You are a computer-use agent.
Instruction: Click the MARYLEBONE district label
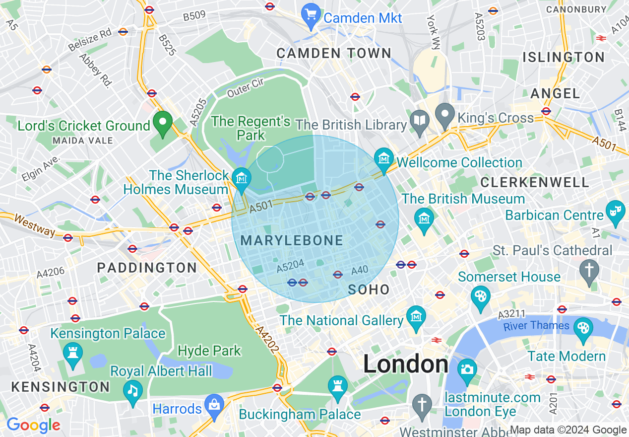pos(292,241)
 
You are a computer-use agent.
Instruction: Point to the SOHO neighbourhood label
pos(369,290)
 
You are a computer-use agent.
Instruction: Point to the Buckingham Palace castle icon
pos(338,386)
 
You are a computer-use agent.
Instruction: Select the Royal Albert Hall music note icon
pos(132,391)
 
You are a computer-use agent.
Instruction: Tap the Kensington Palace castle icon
pos(73,354)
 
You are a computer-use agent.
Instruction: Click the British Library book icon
pos(420,121)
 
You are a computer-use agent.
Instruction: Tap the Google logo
pos(33,425)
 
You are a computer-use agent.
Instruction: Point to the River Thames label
pos(536,326)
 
